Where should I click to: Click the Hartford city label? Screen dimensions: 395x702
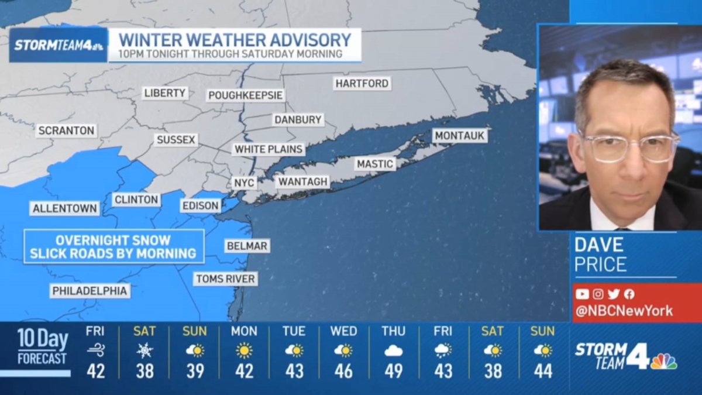point(362,84)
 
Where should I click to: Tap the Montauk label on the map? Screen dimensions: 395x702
point(460,136)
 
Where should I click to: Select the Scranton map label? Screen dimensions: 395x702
point(66,130)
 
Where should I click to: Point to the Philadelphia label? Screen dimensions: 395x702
point(90,291)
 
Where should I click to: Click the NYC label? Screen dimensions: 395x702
point(244,183)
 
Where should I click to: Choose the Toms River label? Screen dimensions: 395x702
point(225,279)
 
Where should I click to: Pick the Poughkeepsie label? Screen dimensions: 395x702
point(246,95)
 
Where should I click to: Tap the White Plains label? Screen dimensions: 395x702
point(269,149)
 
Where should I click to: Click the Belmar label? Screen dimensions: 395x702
point(247,246)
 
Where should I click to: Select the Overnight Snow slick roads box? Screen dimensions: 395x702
point(114,247)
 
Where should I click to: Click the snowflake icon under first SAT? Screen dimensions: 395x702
point(144,351)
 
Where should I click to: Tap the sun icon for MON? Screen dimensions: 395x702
point(244,351)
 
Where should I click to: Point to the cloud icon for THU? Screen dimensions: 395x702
point(393,351)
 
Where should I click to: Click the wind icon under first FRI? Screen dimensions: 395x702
point(95,351)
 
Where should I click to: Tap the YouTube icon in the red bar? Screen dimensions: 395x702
point(582,294)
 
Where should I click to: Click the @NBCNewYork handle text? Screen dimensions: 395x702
point(624,311)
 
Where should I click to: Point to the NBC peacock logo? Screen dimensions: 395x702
point(663,361)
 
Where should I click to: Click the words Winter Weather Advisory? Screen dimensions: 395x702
point(235,40)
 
